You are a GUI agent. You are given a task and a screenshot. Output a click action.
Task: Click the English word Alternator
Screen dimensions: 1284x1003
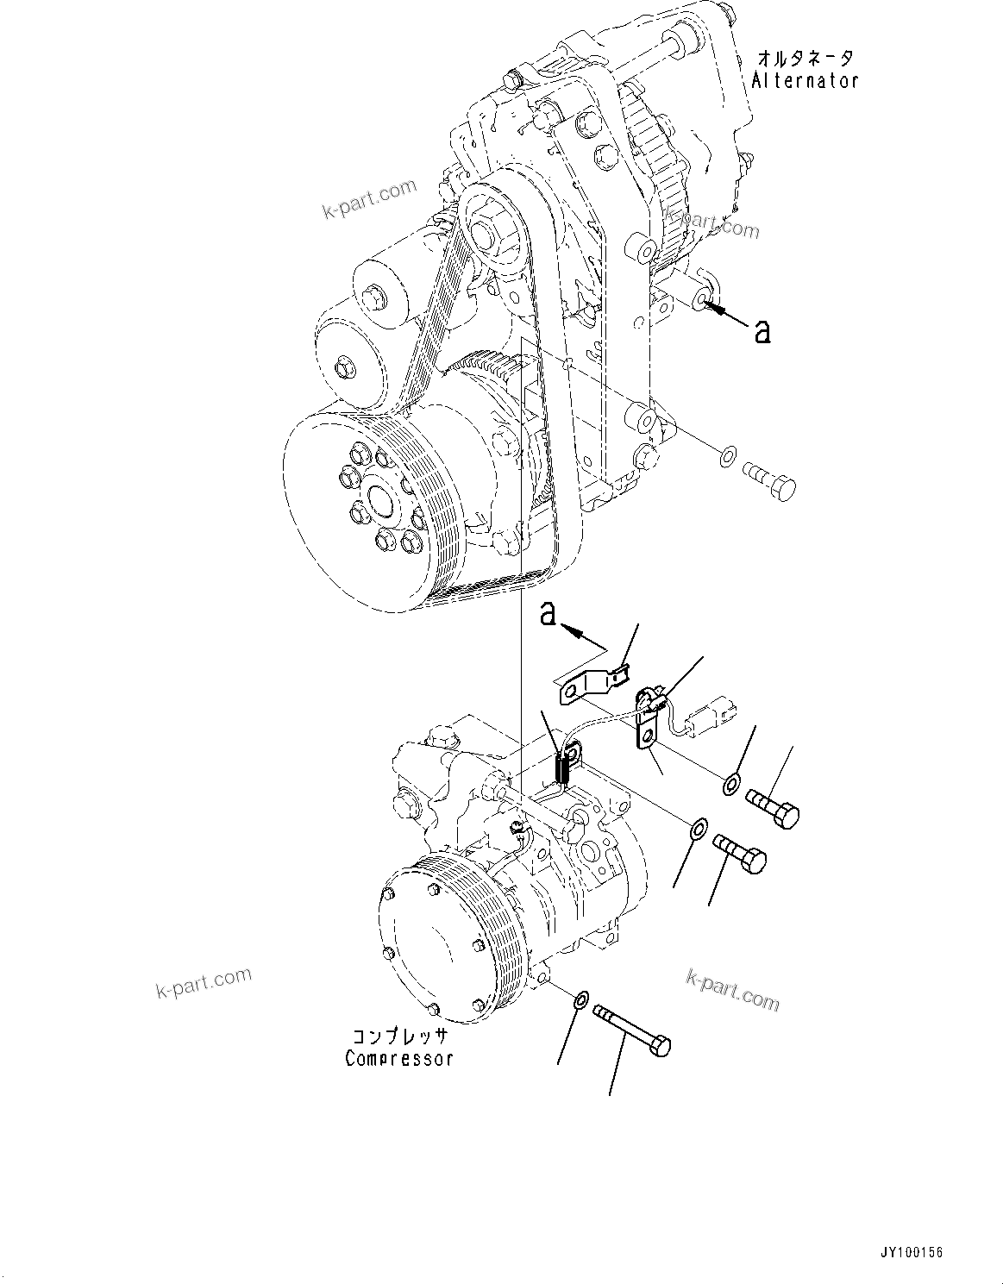pos(805,81)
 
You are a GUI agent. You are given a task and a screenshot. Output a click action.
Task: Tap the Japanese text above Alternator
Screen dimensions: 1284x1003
pos(806,59)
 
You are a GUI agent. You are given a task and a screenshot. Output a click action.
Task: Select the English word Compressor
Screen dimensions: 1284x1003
pos(398,1058)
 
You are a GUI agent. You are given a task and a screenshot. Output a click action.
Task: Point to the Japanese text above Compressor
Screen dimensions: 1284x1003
pos(398,1036)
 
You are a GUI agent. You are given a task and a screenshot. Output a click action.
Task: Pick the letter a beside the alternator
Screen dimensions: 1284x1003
pos(762,331)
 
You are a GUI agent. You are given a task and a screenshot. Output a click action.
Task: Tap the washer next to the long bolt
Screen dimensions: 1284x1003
pos(581,1001)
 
